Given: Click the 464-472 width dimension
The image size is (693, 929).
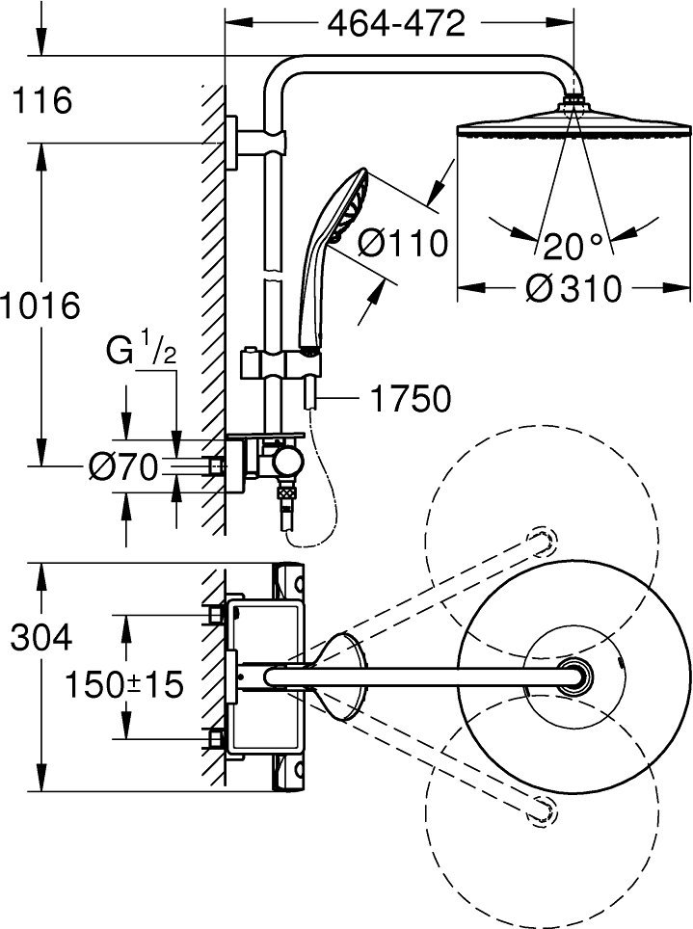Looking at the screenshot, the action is pyautogui.click(x=396, y=24).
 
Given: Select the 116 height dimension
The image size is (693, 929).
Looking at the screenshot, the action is pyautogui.click(x=42, y=99).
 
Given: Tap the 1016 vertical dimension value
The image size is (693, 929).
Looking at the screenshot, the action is pyautogui.click(x=40, y=306).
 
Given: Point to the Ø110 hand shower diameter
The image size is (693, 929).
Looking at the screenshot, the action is pyautogui.click(x=403, y=244).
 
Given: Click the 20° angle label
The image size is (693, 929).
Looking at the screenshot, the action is pyautogui.click(x=573, y=246).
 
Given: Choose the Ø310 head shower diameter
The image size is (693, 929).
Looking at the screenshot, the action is pyautogui.click(x=573, y=288).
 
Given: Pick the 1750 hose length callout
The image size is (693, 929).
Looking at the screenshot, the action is pyautogui.click(x=411, y=399).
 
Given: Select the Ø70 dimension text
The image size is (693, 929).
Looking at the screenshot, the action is pyautogui.click(x=123, y=466).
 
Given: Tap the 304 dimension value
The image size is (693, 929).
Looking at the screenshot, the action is pyautogui.click(x=41, y=638).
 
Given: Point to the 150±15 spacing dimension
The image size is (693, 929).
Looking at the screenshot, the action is pyautogui.click(x=124, y=685).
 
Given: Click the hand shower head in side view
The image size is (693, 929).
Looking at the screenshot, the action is pyautogui.click(x=349, y=205).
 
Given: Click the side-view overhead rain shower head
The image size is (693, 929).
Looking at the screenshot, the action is pyautogui.click(x=573, y=122).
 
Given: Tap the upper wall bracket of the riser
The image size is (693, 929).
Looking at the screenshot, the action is pyautogui.click(x=254, y=143).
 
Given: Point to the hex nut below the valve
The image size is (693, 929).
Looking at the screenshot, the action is pyautogui.click(x=287, y=492).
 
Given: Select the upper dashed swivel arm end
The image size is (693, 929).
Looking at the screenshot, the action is pyautogui.click(x=542, y=540).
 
